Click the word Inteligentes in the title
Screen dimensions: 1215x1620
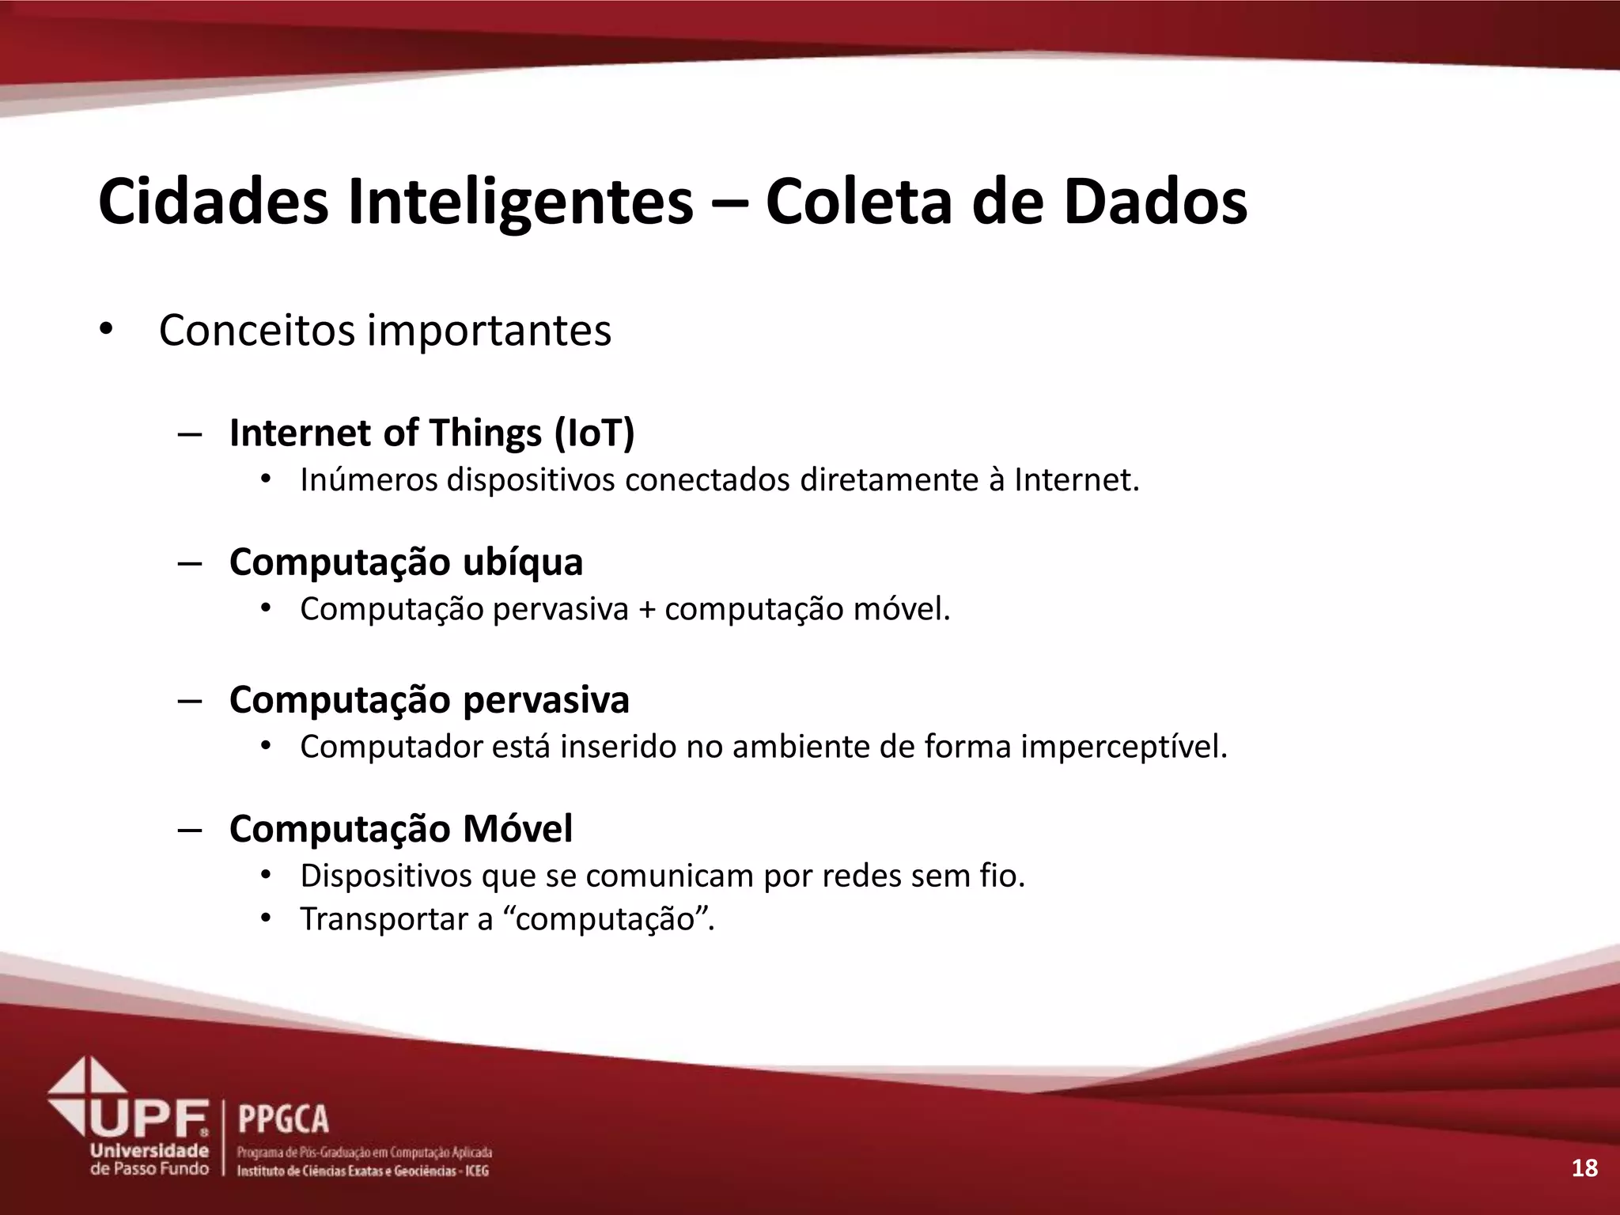tap(520, 202)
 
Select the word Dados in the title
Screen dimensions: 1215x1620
tap(1154, 202)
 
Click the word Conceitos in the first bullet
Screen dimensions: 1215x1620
tap(257, 331)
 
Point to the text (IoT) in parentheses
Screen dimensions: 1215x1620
tap(594, 433)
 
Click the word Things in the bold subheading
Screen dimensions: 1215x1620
tap(486, 433)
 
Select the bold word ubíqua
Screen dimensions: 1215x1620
tap(523, 562)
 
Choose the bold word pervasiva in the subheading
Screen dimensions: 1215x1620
tap(546, 699)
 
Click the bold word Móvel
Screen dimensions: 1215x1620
tap(517, 829)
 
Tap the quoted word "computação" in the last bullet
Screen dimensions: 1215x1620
tap(604, 919)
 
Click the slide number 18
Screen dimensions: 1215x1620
tap(1584, 1168)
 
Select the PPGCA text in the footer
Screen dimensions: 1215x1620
tap(283, 1120)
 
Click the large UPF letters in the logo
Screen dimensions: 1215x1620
tap(150, 1118)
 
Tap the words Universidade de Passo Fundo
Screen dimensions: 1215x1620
tap(150, 1159)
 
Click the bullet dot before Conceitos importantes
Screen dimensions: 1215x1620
tap(106, 331)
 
